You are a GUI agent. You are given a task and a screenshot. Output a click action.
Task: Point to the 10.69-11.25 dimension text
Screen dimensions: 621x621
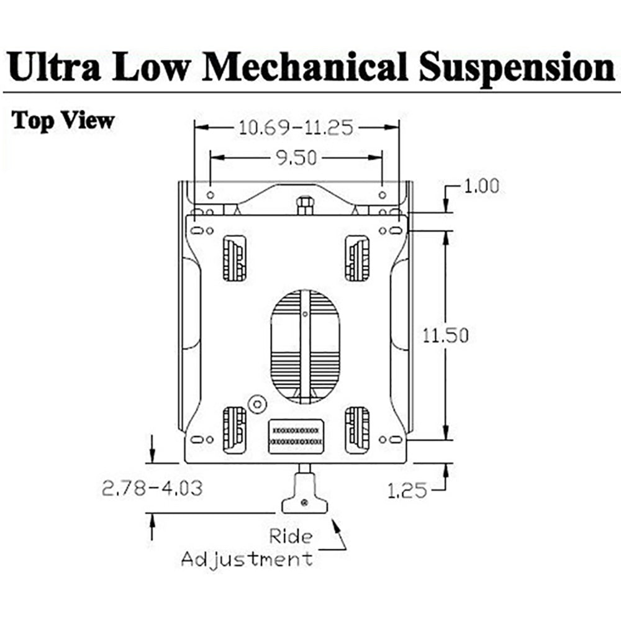click(296, 127)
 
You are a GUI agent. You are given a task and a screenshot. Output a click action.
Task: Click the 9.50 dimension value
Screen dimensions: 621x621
click(296, 158)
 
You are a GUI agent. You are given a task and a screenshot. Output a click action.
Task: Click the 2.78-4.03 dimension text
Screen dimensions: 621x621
click(152, 488)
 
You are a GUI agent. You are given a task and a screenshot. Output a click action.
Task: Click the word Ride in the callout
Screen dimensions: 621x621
click(291, 535)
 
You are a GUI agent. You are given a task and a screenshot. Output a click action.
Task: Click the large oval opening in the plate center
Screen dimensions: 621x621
click(305, 344)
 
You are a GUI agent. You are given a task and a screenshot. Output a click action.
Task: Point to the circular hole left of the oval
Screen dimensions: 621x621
click(256, 403)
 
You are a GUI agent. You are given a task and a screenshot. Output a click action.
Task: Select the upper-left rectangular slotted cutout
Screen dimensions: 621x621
click(234, 258)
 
